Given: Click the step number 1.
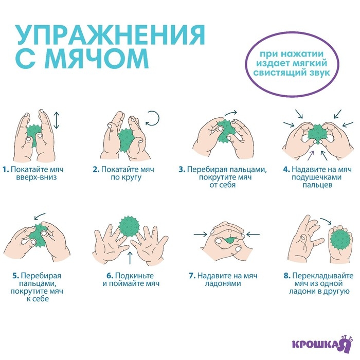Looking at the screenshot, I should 5,169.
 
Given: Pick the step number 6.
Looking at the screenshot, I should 96,275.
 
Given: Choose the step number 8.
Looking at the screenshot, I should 286,275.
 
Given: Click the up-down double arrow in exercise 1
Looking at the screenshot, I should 56,120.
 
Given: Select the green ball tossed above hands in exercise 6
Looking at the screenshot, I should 129,225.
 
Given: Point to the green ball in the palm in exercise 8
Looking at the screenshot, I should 339,240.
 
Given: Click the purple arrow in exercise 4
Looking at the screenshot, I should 312,153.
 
